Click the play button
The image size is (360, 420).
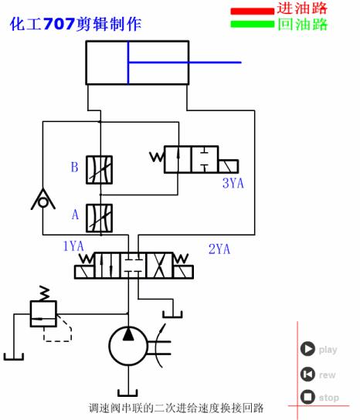(x=307, y=349)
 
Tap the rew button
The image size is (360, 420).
(x=307, y=374)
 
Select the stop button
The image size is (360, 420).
(x=307, y=398)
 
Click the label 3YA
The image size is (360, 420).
(x=233, y=183)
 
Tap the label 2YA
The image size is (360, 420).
(x=220, y=249)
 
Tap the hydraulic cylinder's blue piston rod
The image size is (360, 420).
(x=185, y=63)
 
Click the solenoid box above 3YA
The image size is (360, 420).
(x=228, y=166)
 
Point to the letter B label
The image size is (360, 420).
(x=74, y=167)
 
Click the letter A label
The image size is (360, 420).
(x=75, y=215)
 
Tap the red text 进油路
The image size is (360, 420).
(x=303, y=8)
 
